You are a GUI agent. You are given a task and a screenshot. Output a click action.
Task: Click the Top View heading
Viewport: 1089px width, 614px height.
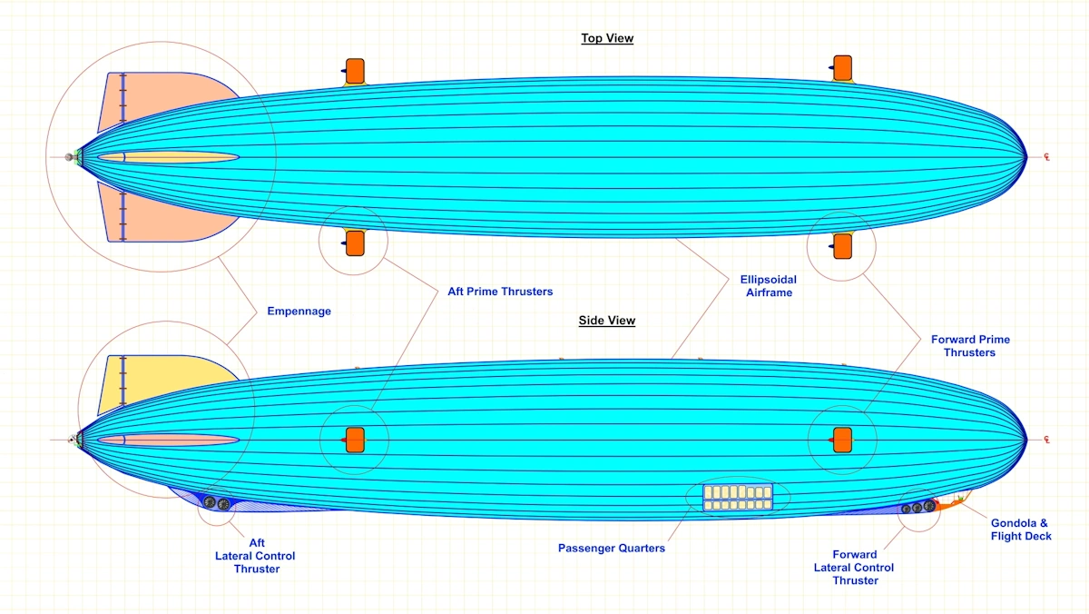(607, 38)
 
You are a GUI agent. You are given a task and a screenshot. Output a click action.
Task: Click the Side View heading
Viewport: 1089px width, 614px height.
(607, 321)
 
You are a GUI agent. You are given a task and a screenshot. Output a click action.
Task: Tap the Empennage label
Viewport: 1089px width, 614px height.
(299, 312)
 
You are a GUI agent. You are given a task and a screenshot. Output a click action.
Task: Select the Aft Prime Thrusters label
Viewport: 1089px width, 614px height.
(500, 292)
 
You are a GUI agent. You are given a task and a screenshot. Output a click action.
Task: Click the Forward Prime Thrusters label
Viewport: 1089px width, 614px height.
(970, 346)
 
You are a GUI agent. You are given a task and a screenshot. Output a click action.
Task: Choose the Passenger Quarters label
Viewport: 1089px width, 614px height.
(612, 549)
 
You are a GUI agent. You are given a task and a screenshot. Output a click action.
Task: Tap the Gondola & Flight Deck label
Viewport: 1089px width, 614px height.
(1021, 530)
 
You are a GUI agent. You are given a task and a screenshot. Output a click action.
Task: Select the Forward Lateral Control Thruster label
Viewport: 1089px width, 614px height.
(854, 568)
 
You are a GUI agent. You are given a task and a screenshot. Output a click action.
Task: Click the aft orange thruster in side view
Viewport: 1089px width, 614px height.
(354, 440)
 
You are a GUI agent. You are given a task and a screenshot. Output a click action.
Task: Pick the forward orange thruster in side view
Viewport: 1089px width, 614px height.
(841, 440)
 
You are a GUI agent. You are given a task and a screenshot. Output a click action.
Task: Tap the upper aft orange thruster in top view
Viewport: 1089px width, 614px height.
(354, 70)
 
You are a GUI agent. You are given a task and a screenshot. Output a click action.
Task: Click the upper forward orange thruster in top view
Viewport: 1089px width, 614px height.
(842, 68)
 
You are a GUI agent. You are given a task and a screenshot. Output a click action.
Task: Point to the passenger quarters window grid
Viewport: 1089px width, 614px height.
(738, 497)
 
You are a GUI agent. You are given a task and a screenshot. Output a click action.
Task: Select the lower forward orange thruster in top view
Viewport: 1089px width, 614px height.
(842, 244)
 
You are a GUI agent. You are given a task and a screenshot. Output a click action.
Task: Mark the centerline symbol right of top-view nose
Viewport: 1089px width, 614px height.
(1046, 157)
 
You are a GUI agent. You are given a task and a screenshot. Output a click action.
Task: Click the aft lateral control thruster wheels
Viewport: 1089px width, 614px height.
(217, 503)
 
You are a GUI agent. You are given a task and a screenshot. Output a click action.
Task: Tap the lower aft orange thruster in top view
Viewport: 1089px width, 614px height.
(354, 243)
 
